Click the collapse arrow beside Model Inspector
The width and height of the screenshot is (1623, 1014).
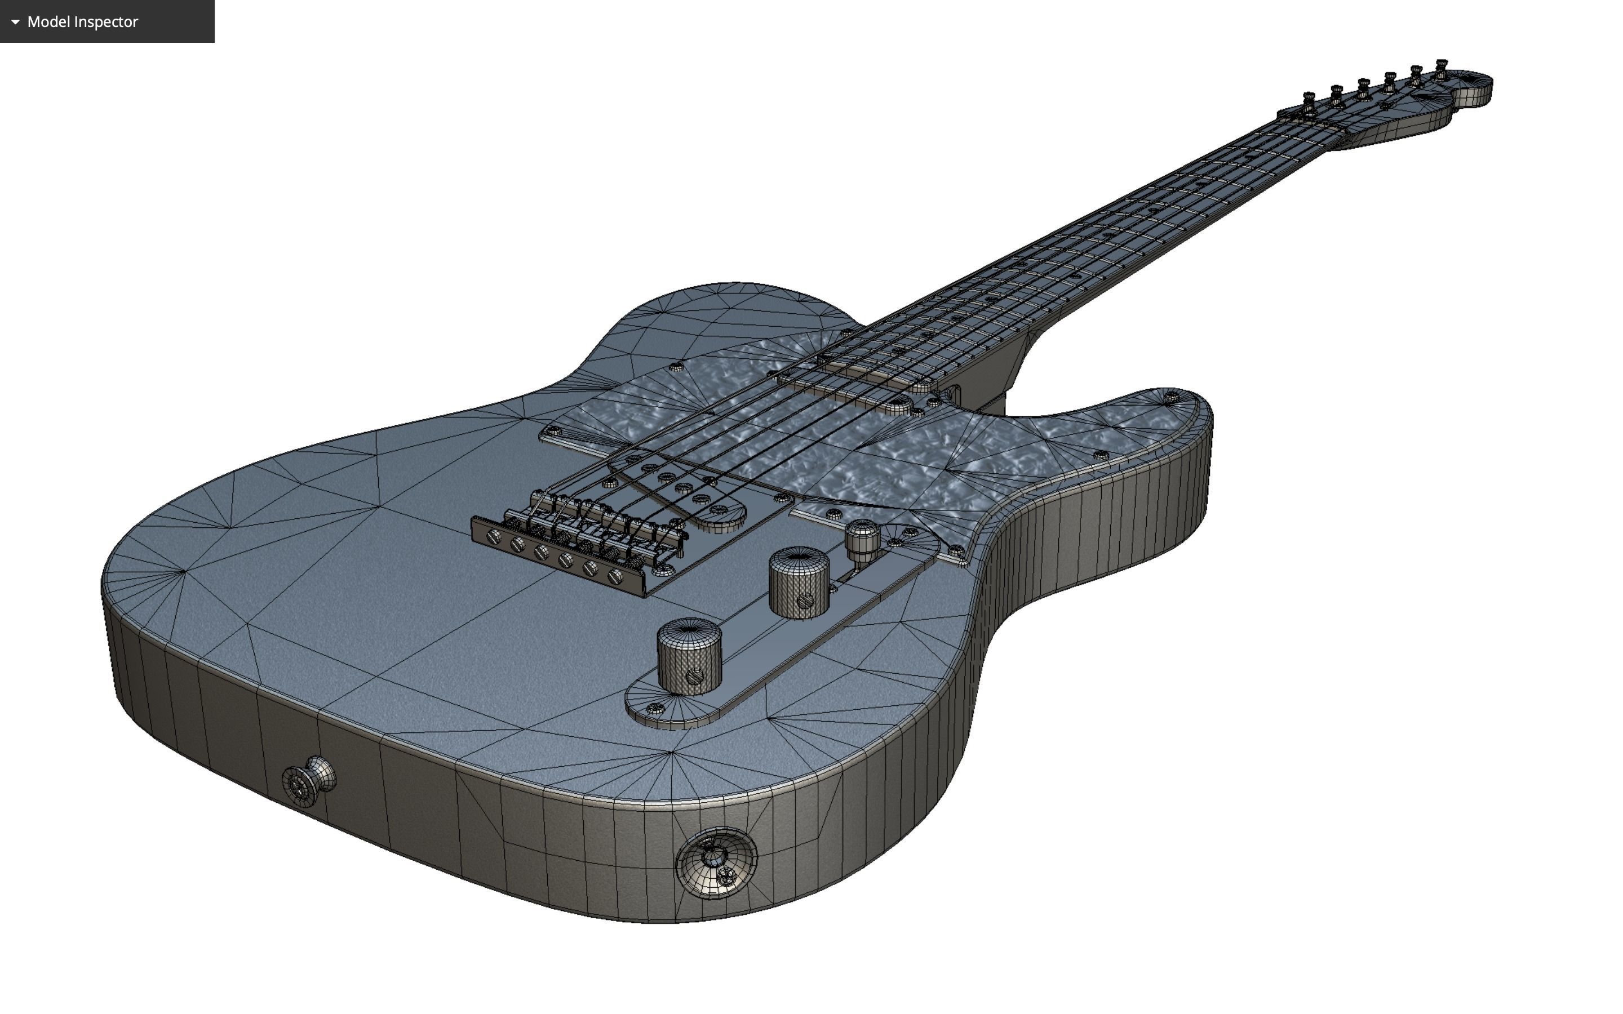[x=15, y=21]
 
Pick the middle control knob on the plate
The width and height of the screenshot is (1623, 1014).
[x=799, y=580]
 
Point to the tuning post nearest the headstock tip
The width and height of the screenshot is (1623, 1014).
[x=1440, y=68]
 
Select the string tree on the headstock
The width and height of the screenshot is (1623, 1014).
[x=1383, y=105]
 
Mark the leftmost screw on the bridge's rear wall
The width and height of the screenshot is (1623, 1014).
[x=494, y=536]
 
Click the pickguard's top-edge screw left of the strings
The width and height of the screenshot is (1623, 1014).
[x=675, y=367]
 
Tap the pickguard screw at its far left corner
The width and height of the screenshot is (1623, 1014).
[x=553, y=430]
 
